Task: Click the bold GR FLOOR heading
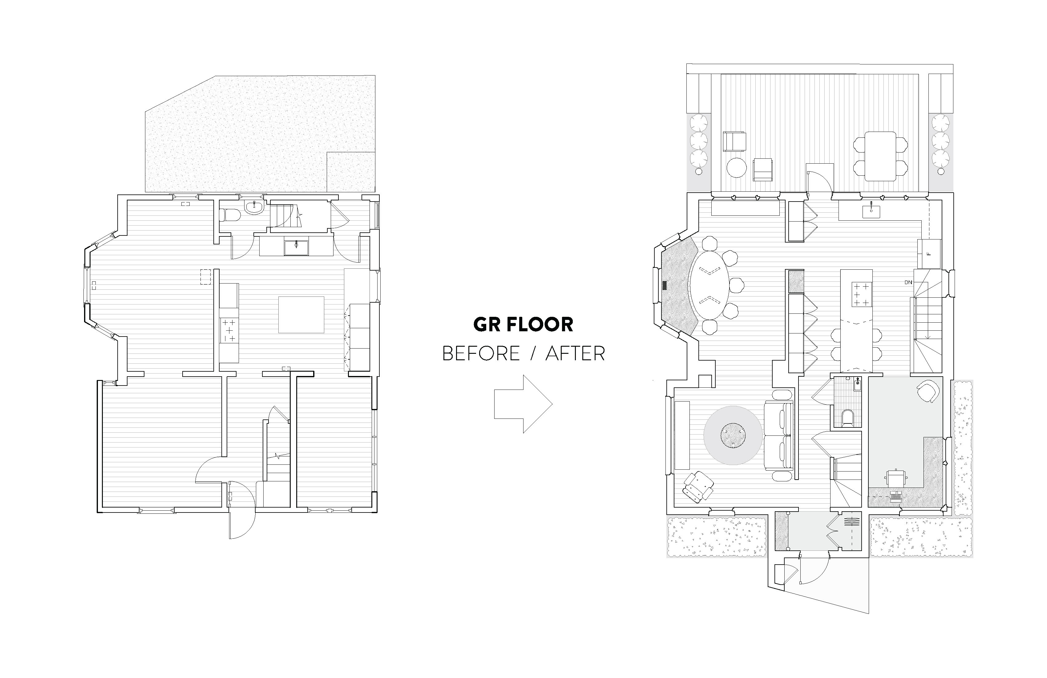click(x=523, y=325)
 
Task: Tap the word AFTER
click(x=575, y=353)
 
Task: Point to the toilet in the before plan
click(x=231, y=215)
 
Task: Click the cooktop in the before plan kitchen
click(x=229, y=330)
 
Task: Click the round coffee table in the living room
click(x=733, y=436)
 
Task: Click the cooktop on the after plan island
click(x=856, y=294)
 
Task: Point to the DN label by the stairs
click(x=908, y=282)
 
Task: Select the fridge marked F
click(x=929, y=254)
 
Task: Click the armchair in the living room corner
click(x=699, y=487)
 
